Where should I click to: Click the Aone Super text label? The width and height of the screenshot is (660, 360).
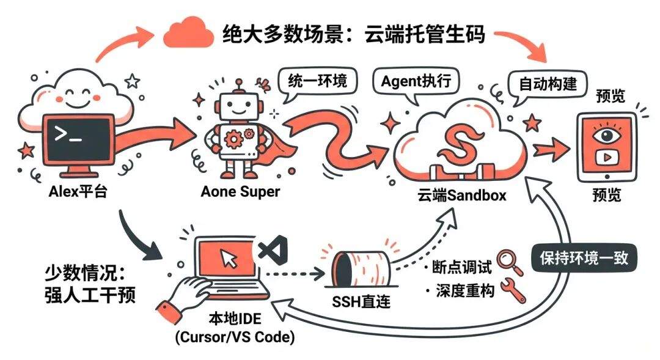(240, 192)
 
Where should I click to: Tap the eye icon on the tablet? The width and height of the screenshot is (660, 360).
(606, 135)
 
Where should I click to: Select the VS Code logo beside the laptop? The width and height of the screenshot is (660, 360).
(269, 251)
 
